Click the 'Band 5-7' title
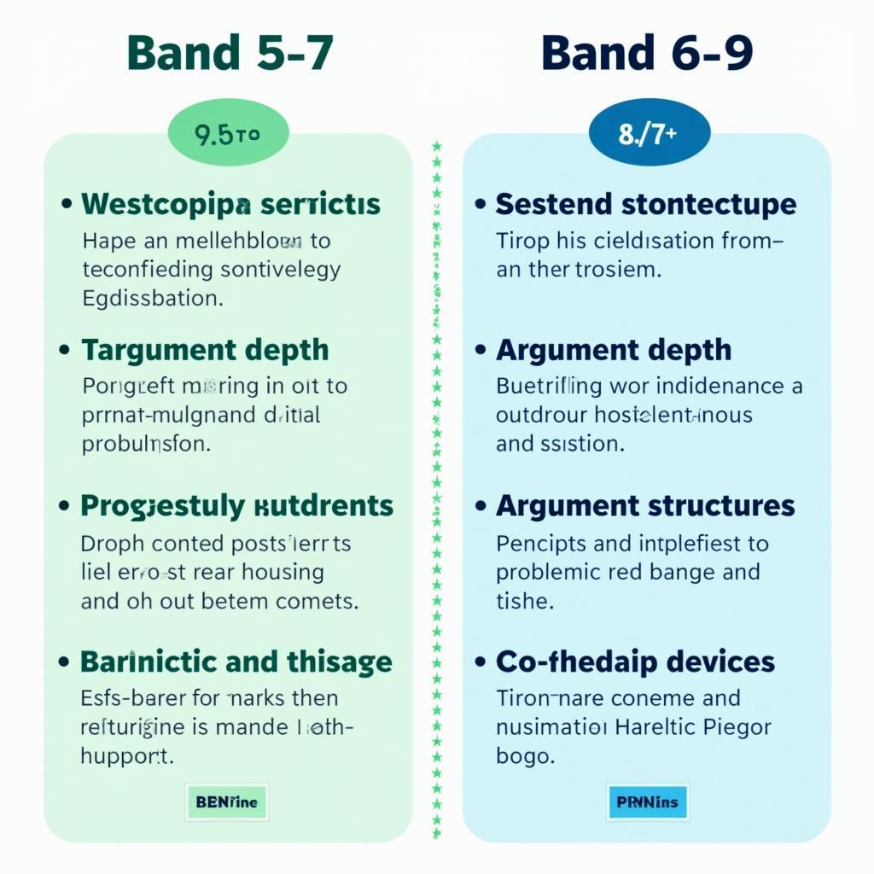click(229, 53)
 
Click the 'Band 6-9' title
click(647, 53)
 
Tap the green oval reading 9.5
click(228, 135)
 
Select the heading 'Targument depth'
click(204, 350)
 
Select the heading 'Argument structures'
click(644, 505)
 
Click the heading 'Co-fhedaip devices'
click(635, 661)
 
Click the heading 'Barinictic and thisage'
click(236, 661)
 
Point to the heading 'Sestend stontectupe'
click(645, 205)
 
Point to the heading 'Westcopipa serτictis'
click(230, 205)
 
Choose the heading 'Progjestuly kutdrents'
click(236, 505)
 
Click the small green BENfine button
click(226, 802)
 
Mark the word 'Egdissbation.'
click(153, 300)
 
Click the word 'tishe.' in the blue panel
click(525, 601)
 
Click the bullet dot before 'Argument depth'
click(481, 351)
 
